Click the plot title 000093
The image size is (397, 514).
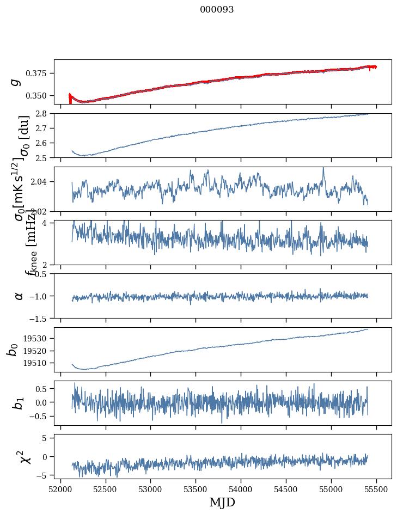(x=217, y=10)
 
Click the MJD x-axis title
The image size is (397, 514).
(x=222, y=502)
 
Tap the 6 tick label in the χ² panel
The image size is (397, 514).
(x=48, y=437)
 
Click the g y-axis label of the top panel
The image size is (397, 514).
(x=16, y=82)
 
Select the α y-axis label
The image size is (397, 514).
(x=19, y=296)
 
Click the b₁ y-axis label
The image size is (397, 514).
(x=19, y=403)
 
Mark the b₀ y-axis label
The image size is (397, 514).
(x=12, y=350)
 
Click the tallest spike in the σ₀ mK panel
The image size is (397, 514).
(x=323, y=168)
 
